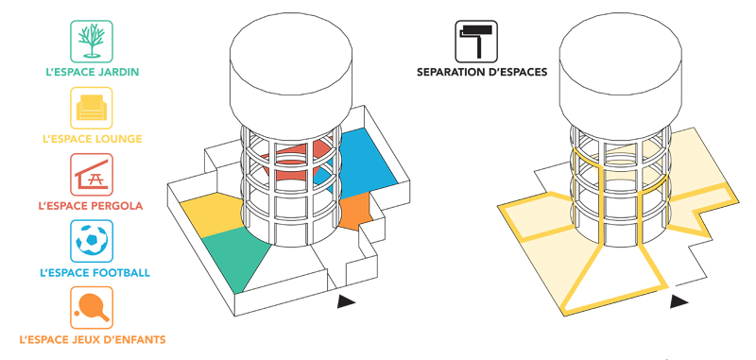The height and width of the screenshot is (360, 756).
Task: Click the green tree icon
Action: point(92,42)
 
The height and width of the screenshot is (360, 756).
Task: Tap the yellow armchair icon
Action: point(92,108)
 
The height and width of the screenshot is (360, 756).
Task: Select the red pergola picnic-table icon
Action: point(92,175)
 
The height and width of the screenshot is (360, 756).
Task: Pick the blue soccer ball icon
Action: point(92,241)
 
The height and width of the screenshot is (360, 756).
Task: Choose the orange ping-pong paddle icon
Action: point(92,307)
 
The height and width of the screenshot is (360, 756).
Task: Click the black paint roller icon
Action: point(476,42)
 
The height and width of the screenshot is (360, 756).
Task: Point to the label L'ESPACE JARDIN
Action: point(92,73)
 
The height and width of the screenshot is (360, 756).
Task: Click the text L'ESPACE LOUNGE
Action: point(92,139)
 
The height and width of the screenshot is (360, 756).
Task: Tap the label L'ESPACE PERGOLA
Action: point(91,206)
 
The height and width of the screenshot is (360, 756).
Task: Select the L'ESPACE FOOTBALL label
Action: point(95,273)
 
